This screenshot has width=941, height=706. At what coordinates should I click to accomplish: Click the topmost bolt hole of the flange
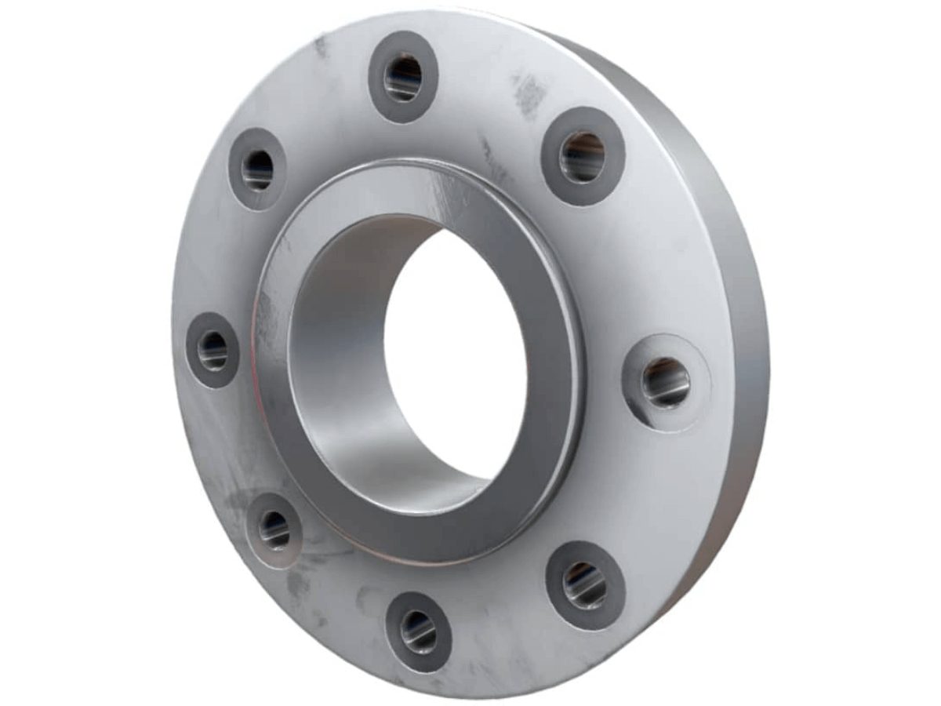point(403,77)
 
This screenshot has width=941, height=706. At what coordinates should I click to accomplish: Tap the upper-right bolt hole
point(583,157)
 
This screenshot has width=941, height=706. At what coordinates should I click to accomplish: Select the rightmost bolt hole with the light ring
point(666,382)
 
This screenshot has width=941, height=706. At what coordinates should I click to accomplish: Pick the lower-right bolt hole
point(585,585)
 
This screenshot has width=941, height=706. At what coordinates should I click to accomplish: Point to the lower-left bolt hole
point(274,530)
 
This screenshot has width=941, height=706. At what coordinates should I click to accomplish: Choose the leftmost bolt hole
point(212,350)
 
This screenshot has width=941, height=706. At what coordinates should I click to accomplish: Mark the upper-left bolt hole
point(257,169)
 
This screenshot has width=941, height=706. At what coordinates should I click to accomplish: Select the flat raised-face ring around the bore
point(549,439)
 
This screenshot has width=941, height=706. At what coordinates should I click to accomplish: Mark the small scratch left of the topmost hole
point(321,47)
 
